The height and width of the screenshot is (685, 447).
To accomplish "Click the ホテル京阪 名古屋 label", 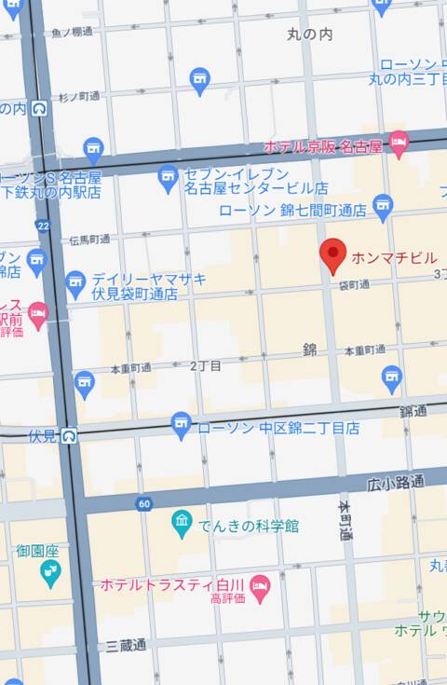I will tap(323, 147).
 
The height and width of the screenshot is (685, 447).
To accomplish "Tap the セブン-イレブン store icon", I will tap(168, 176).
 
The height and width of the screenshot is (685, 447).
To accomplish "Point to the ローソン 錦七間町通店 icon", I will tap(383, 205).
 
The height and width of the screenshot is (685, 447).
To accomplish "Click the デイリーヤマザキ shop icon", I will tap(76, 280).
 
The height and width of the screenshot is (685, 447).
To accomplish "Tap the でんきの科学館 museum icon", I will tap(183, 524).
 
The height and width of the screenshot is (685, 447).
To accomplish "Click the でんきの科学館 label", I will tap(249, 527).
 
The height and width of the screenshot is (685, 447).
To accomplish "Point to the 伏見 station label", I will tap(43, 435).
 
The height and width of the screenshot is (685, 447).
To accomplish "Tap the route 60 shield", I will tap(143, 504).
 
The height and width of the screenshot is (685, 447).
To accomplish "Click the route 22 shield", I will tap(42, 226).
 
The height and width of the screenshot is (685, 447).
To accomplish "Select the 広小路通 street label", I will tap(395, 483).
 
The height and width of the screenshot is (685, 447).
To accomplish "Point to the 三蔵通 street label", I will tap(126, 645).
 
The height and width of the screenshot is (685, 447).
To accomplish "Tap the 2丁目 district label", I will tap(205, 366).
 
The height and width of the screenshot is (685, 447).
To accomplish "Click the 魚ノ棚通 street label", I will tap(72, 32).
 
